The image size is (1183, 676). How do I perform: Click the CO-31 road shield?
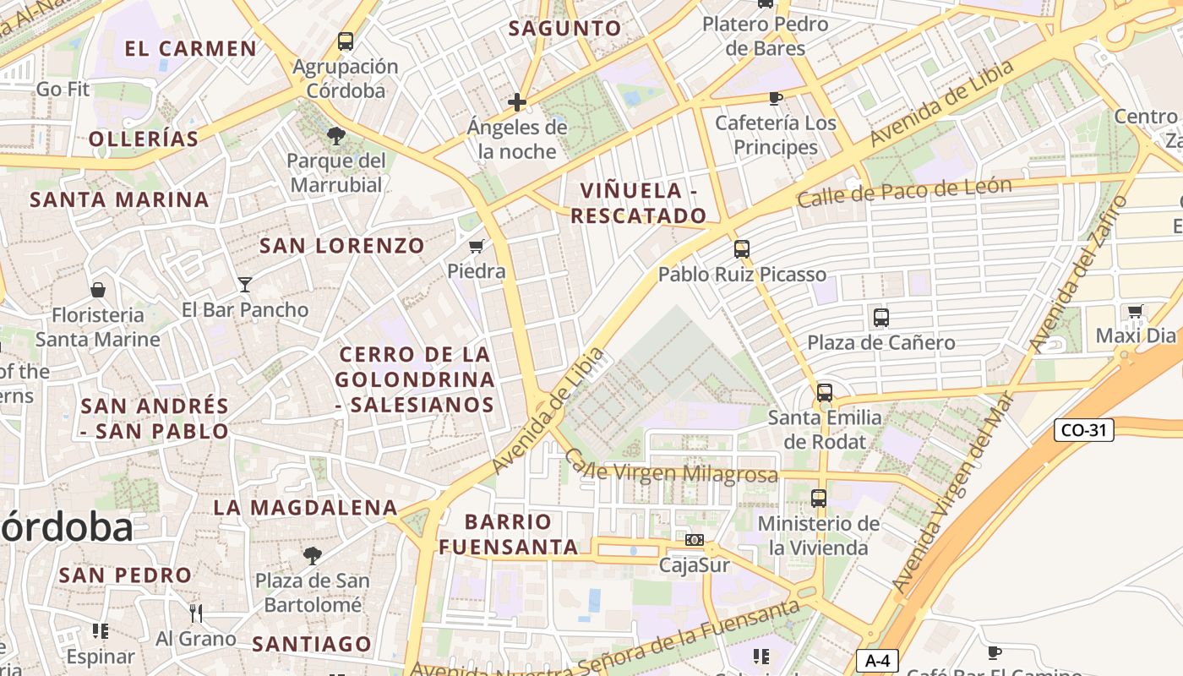[1084, 430]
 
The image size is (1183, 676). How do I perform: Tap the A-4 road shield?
[876, 661]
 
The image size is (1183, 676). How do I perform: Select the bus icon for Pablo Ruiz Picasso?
[742, 249]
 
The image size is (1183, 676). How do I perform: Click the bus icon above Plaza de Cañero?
[881, 318]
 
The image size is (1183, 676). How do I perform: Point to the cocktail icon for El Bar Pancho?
[245, 285]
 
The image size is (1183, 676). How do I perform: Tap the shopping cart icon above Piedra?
[477, 247]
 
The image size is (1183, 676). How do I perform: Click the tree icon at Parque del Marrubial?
[336, 136]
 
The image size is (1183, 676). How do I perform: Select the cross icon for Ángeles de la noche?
[517, 103]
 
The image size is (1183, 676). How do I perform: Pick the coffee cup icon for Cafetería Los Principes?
[775, 98]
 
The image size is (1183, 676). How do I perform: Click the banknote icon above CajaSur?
[695, 540]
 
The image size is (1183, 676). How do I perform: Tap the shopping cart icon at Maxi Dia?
[1136, 311]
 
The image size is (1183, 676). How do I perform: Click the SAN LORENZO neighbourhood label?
[342, 246]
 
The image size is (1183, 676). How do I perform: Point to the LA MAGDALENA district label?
[305, 508]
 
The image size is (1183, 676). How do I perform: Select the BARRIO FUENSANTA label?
[508, 534]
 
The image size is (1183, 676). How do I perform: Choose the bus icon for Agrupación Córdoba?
[346, 41]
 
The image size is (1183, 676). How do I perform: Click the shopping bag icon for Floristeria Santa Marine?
[98, 290]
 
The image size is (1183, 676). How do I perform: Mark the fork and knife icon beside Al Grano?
[196, 613]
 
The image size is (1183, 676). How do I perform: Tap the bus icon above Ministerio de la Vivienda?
[819, 499]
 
